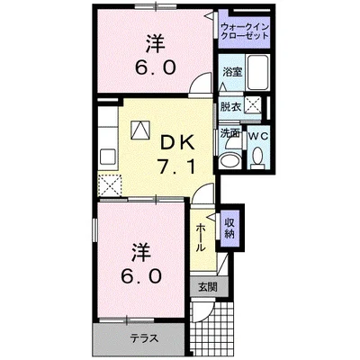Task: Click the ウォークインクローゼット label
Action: pos(244,33)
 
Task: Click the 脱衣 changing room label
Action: pos(230,105)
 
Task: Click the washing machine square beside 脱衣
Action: pos(255,105)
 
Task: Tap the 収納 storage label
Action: pos(230,228)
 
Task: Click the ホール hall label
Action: pos(200,237)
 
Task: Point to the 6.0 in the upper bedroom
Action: pos(154,67)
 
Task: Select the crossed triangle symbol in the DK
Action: pos(139,130)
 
